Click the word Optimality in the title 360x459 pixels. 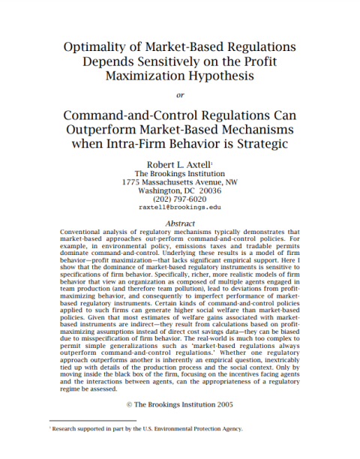pos(95,46)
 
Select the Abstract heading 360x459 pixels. pos(179,223)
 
